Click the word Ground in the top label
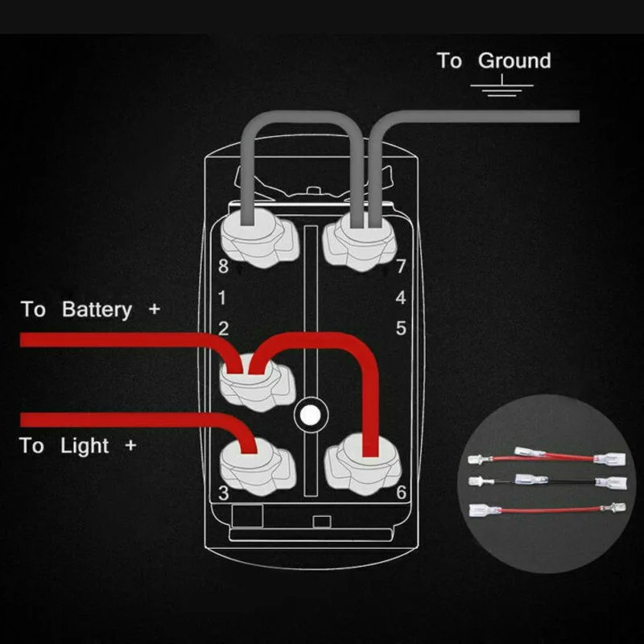pos(514,61)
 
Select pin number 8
pos(223,266)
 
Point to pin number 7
pos(400,266)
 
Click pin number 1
pos(223,299)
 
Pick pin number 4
pos(400,298)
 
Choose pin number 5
pos(400,328)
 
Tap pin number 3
pos(223,492)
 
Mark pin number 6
pos(400,492)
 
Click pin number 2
pos(223,328)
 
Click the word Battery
pos(97,310)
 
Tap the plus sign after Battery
pos(154,309)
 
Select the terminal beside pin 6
pos(361,463)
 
